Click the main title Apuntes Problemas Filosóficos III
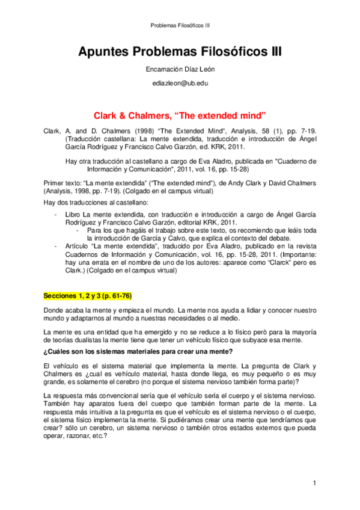coord(180,52)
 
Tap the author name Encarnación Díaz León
coord(180,69)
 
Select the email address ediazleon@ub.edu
coord(180,84)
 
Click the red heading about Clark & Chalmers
coord(180,114)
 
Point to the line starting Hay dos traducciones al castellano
coord(96,203)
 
